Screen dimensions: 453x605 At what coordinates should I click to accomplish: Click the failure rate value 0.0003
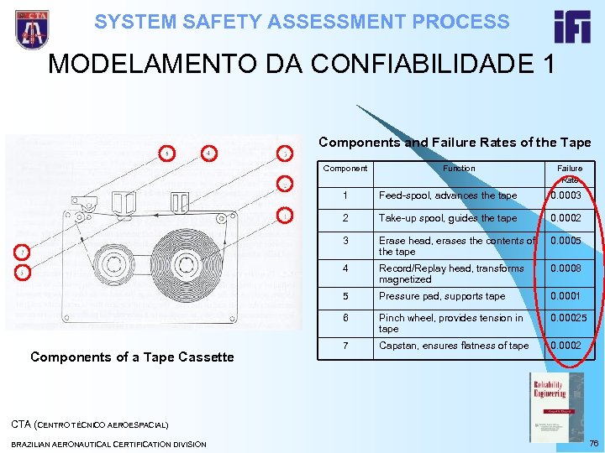(x=565, y=195)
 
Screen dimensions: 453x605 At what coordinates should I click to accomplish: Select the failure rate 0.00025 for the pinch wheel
(x=568, y=318)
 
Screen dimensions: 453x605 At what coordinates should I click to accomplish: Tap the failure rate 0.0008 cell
(x=565, y=268)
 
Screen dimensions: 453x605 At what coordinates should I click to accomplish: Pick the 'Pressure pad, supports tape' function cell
(x=441, y=296)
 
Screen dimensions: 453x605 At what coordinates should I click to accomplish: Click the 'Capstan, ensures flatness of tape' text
(x=454, y=346)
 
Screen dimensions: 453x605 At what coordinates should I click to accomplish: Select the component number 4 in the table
(x=345, y=268)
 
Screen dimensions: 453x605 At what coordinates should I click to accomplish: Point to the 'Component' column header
(x=345, y=168)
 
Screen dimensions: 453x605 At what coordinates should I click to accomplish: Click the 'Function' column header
(x=459, y=168)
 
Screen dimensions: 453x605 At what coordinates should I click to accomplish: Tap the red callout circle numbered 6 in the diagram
(x=168, y=153)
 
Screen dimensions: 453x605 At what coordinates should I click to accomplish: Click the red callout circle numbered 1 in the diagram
(x=286, y=216)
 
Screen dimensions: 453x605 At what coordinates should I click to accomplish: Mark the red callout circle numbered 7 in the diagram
(x=23, y=251)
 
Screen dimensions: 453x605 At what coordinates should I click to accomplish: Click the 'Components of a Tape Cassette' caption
(x=132, y=357)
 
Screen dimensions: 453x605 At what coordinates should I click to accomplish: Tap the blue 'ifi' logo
(x=572, y=27)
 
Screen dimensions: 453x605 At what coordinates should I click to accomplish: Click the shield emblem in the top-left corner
(x=32, y=29)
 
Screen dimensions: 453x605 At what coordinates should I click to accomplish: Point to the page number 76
(x=594, y=443)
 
